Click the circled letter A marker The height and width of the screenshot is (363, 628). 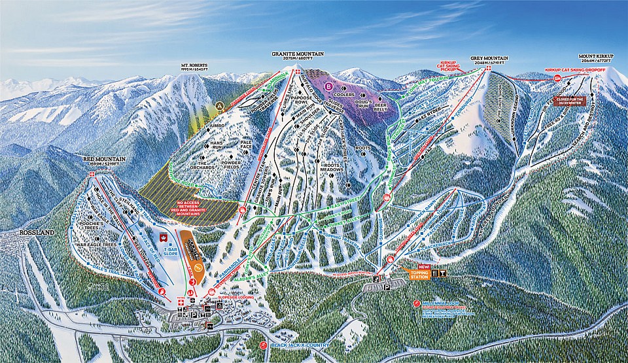(x=219, y=105)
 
